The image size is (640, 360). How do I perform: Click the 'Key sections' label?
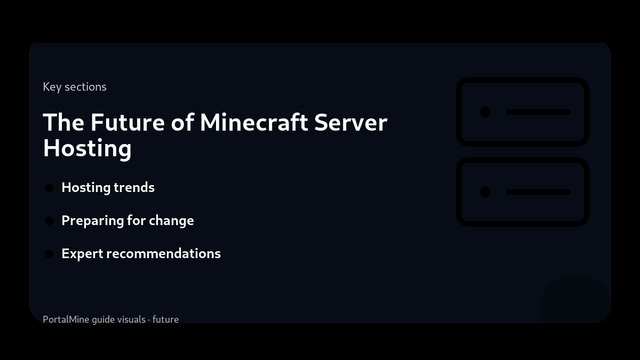point(75,86)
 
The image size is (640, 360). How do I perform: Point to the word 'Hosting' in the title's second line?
point(87,148)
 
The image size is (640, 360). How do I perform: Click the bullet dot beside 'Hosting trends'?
point(49,188)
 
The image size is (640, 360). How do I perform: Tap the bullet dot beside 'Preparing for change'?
point(49,221)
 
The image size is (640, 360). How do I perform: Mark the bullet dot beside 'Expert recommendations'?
point(49,254)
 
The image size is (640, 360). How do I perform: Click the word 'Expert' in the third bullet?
point(82,254)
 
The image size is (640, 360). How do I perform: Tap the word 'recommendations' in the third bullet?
point(164,253)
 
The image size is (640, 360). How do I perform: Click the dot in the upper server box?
point(485,112)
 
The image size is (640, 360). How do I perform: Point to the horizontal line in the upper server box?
point(538,112)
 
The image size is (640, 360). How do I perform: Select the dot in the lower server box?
point(485,192)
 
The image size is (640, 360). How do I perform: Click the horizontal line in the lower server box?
point(538,192)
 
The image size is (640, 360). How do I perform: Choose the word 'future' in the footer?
point(165,319)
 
